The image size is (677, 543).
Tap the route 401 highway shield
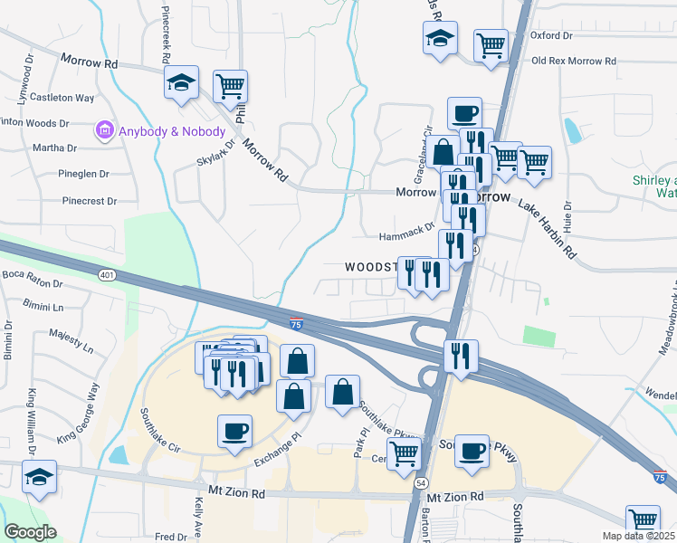click(108, 275)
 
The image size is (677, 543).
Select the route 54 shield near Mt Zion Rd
click(422, 485)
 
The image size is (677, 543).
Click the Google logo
click(30, 532)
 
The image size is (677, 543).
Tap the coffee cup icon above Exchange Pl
click(234, 430)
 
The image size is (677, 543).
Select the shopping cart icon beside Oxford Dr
click(490, 43)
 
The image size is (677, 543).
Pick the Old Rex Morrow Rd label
click(574, 61)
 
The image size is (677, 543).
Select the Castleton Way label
click(63, 97)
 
